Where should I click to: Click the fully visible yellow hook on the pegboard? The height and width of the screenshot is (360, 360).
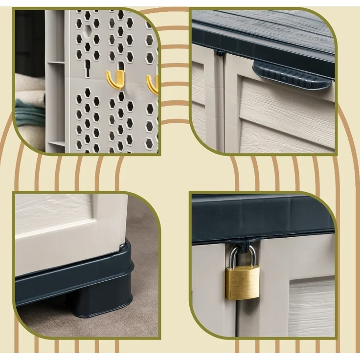coord(115,79)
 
